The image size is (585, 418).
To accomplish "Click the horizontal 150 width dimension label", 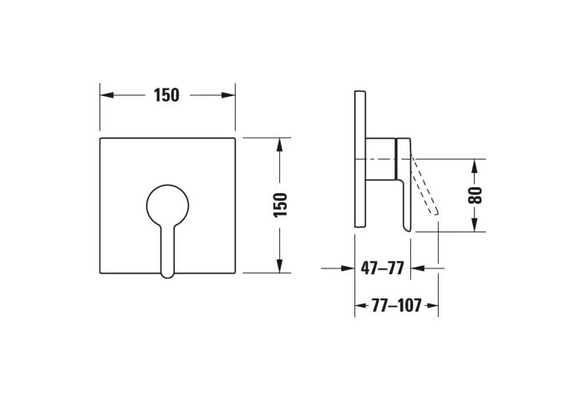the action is (166, 95).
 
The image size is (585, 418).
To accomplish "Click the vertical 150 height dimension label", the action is (281, 205).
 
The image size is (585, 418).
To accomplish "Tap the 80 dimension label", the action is (476, 195).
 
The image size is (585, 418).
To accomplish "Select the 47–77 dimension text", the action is (383, 268).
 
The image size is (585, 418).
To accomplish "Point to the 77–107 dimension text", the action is (396, 306).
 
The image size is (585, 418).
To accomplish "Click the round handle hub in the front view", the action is (167, 206).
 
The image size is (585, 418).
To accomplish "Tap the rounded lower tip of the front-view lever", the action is (167, 275).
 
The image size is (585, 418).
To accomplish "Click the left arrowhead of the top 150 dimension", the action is (107, 95).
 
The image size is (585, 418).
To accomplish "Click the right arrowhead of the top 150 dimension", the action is (228, 95).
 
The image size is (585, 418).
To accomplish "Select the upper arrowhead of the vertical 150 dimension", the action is (280, 145).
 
